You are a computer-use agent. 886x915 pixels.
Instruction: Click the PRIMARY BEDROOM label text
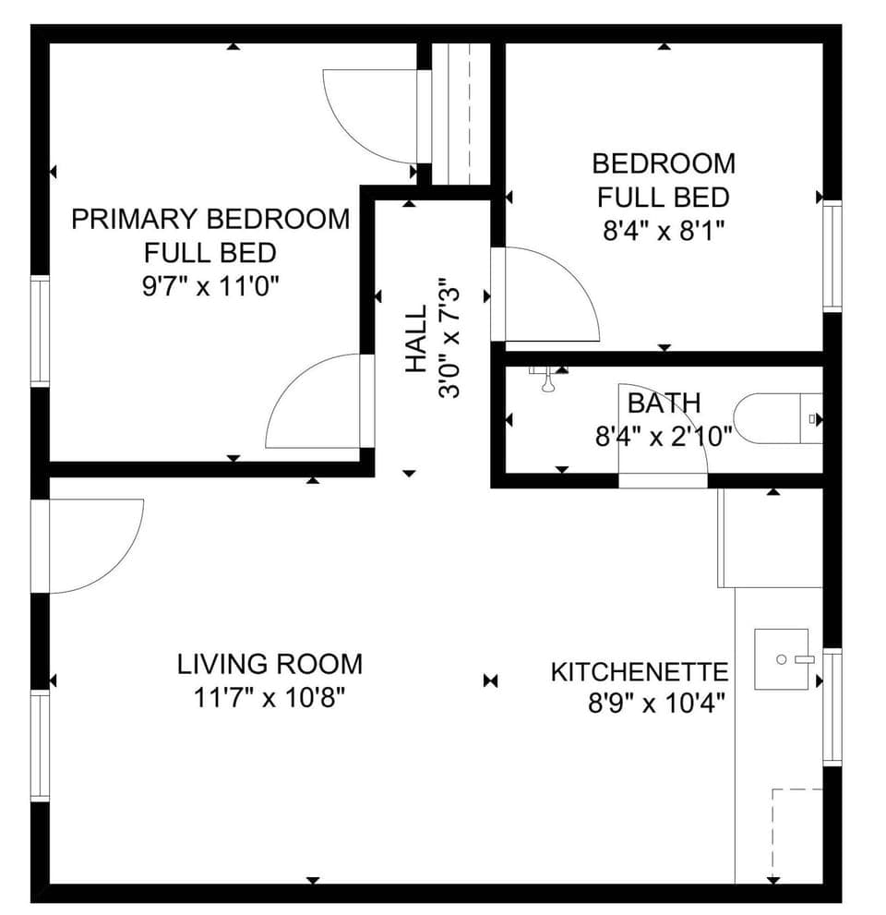(210, 219)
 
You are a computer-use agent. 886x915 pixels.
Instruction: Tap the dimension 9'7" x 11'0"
(210, 285)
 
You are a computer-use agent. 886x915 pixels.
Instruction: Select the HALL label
(416, 340)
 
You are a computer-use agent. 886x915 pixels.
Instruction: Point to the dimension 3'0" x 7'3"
(449, 338)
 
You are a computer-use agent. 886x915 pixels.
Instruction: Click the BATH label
(664, 403)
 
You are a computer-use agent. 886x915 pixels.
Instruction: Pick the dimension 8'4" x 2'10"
(664, 436)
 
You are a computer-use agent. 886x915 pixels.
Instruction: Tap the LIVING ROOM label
(269, 664)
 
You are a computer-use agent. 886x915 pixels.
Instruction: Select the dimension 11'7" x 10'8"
(269, 698)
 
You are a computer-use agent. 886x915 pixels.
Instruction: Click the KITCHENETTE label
(640, 672)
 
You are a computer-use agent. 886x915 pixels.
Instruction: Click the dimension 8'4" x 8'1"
(664, 231)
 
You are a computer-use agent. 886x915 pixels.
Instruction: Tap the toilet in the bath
(775, 418)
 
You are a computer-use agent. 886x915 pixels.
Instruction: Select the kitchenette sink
(781, 659)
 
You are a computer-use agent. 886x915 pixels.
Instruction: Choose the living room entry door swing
(92, 545)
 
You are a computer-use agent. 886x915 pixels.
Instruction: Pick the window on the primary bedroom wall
(40, 330)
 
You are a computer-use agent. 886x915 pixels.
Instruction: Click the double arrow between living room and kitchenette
(490, 681)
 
